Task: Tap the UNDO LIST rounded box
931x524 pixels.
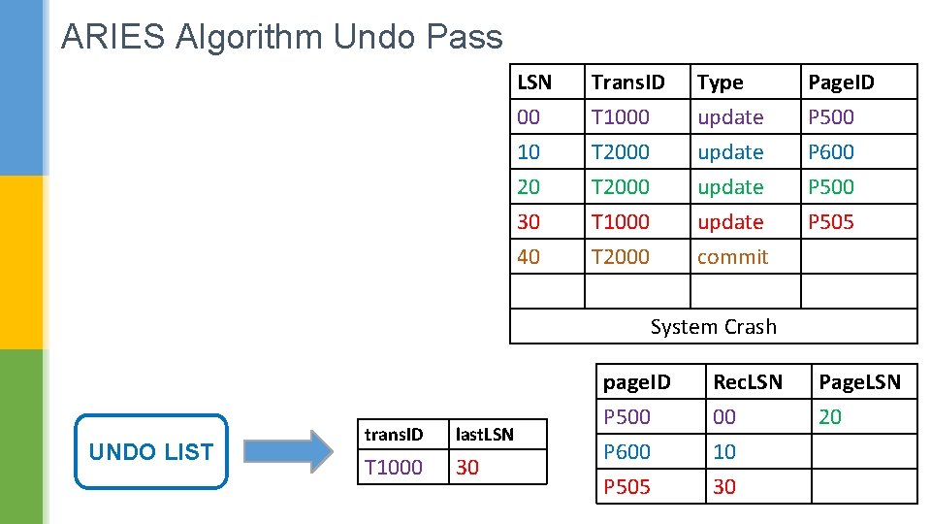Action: pos(151,451)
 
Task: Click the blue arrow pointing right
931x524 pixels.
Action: pos(289,451)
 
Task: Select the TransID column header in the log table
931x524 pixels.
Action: pos(627,82)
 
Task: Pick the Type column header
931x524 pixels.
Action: pos(720,82)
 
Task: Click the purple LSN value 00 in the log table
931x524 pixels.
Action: pos(529,117)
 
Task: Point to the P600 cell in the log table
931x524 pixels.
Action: pos(831,152)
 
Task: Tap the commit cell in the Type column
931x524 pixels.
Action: pos(733,256)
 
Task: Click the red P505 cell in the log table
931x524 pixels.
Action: pos(831,221)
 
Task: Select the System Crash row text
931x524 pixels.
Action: pos(713,327)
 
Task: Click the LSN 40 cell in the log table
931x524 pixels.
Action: pos(529,256)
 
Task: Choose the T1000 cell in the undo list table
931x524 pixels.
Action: pos(393,467)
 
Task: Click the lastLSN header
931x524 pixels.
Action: pos(484,435)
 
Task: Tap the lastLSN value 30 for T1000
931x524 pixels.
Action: pos(467,467)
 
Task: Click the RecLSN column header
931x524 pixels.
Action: pos(748,382)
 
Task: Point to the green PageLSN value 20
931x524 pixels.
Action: pos(830,417)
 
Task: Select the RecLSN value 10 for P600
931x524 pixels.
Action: pos(724,452)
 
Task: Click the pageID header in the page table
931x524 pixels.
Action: pos(636,382)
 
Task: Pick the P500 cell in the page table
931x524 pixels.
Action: pos(626,417)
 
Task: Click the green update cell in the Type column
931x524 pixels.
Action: pos(730,187)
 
